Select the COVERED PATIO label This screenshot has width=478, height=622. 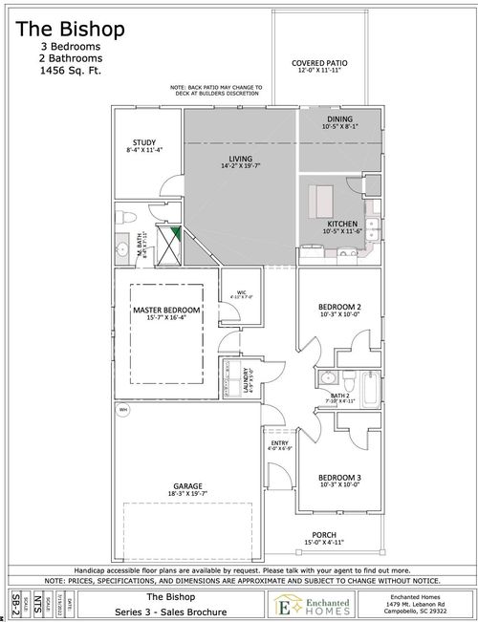(318, 64)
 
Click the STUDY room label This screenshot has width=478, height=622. (144, 144)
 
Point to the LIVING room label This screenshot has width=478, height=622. (240, 160)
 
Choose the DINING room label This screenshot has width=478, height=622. (339, 119)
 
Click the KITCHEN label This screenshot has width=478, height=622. (342, 224)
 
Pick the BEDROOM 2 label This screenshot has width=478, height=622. (339, 308)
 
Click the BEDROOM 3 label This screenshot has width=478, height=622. (339, 478)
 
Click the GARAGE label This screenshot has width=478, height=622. (187, 486)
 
